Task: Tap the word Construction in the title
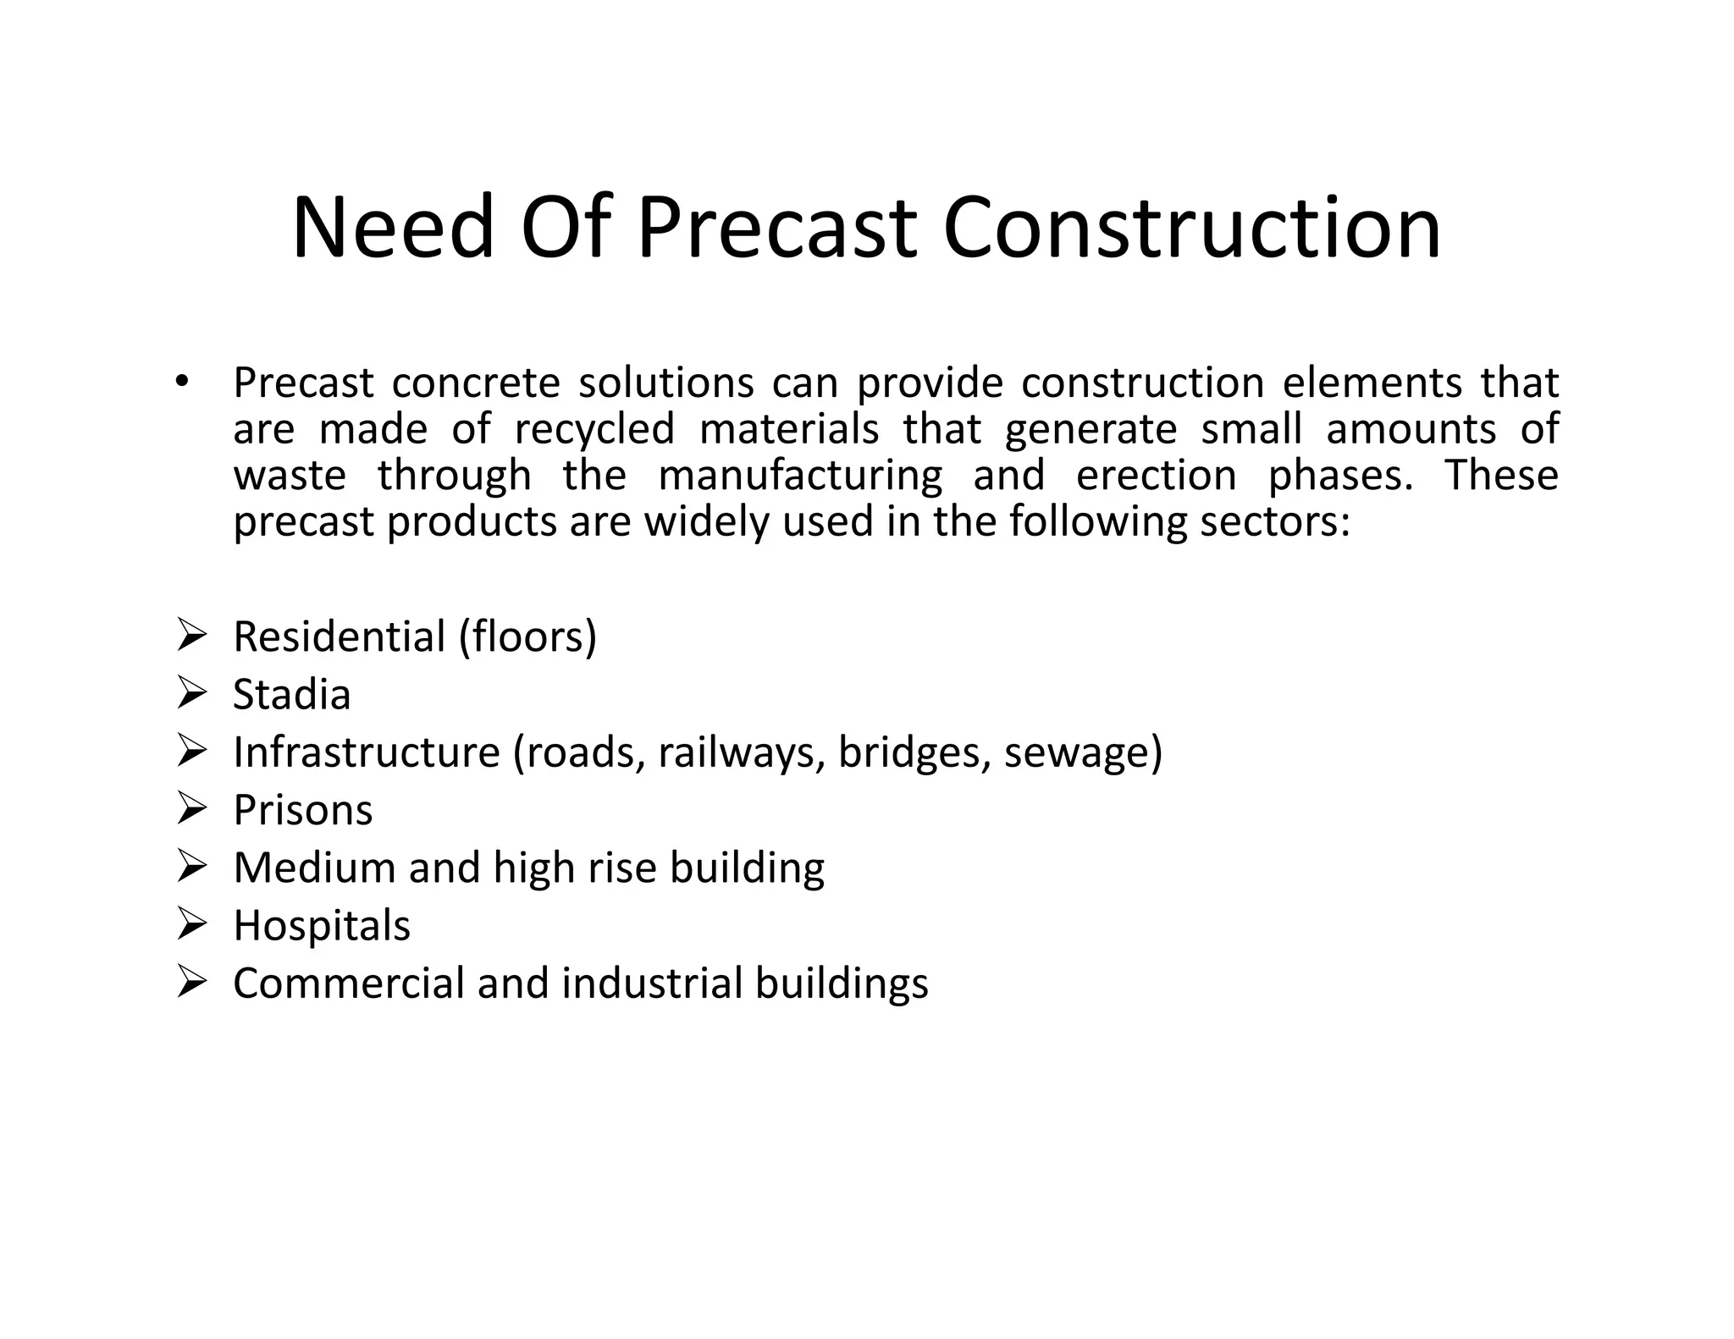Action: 1191,228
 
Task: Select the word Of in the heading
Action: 565,228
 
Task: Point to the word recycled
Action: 594,429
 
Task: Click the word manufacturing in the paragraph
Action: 799,475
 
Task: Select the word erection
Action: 1156,475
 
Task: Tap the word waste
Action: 290,475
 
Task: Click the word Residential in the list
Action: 340,636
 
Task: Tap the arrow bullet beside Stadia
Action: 192,694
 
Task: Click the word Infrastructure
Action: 367,752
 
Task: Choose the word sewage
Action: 1077,752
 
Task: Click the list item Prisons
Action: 303,810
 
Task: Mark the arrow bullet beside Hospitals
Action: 192,925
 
